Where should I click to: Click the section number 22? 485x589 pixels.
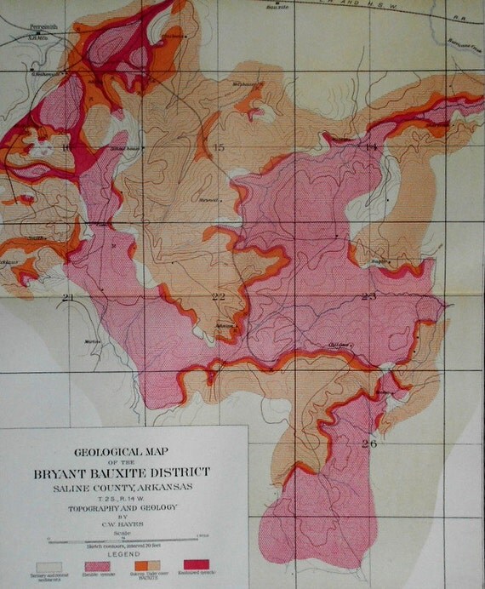coord(219,296)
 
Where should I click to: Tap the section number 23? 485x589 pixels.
coord(368,296)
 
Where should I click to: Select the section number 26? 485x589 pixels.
coord(368,443)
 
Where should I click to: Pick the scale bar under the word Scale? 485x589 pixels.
coord(126,539)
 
